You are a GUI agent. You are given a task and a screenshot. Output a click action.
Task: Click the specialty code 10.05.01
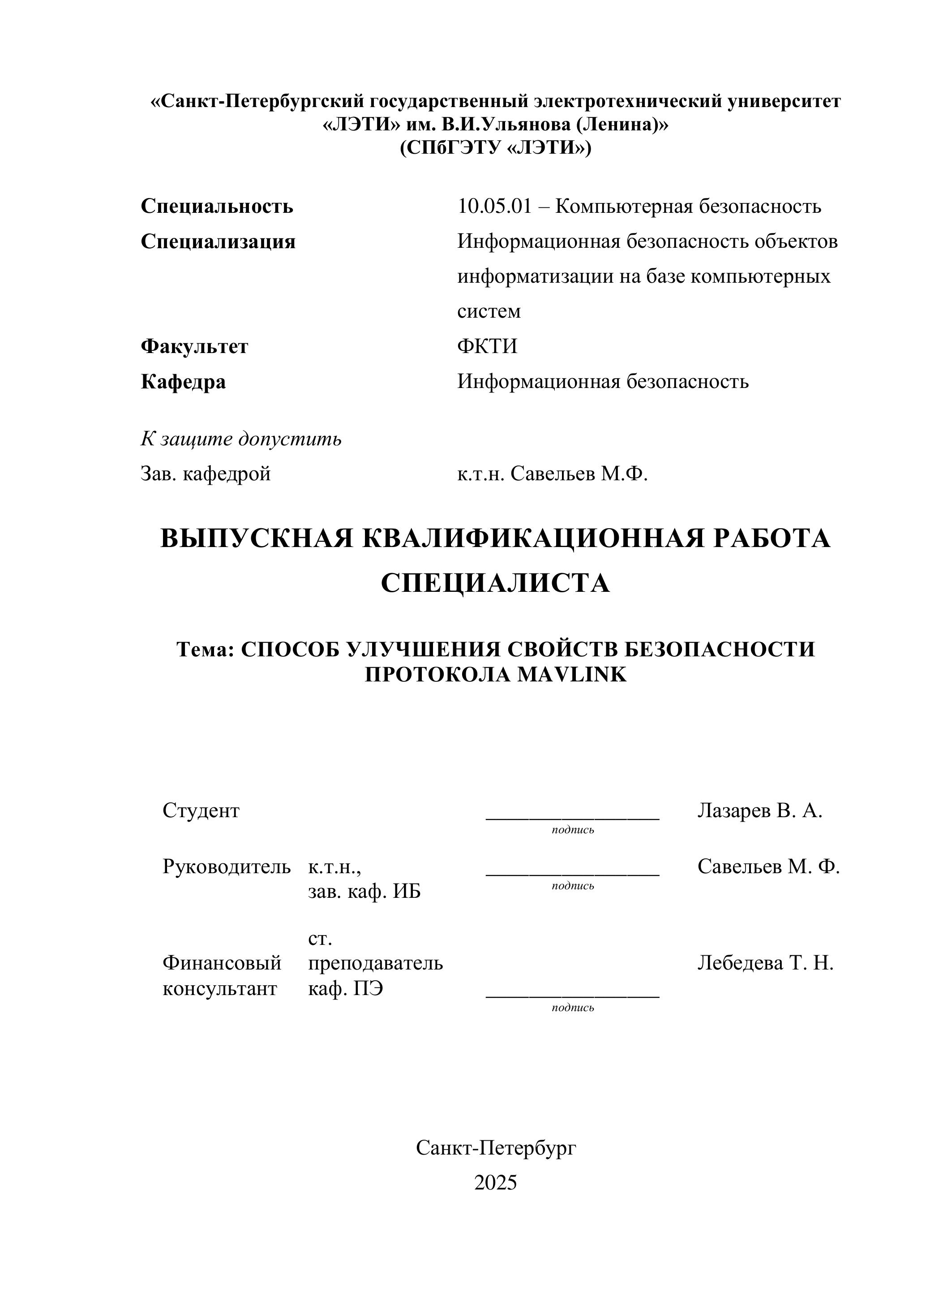point(494,207)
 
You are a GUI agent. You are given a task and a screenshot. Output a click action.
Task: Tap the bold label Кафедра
point(183,381)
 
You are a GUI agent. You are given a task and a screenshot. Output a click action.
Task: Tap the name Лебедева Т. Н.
point(765,963)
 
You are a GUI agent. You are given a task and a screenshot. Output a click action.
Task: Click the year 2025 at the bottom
point(495,1183)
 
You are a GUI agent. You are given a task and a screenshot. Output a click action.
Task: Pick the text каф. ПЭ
point(346,988)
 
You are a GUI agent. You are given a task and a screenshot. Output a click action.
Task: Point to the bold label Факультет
point(194,346)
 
